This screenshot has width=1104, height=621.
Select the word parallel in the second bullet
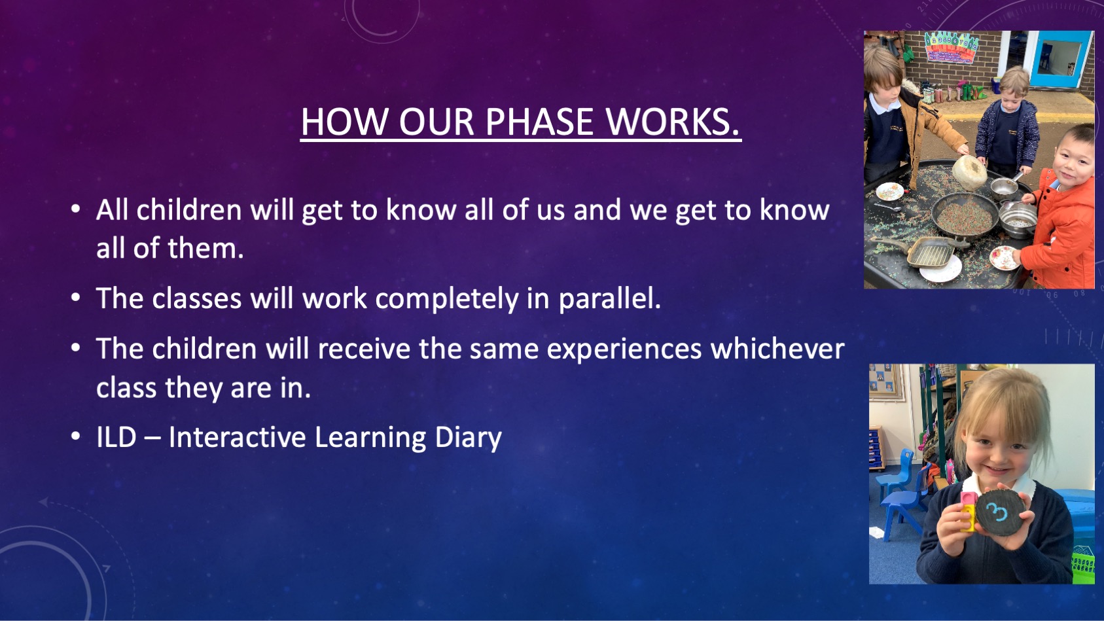[x=610, y=299]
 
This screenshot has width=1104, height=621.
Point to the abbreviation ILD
[x=116, y=437]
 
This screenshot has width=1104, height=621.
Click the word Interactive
[x=237, y=437]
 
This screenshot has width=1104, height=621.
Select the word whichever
[x=777, y=349]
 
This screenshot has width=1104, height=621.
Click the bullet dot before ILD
[x=75, y=436]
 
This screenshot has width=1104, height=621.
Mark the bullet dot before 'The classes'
[x=75, y=298]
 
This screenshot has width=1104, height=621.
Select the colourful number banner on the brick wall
[x=952, y=47]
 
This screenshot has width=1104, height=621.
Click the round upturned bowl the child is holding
[x=969, y=172]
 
